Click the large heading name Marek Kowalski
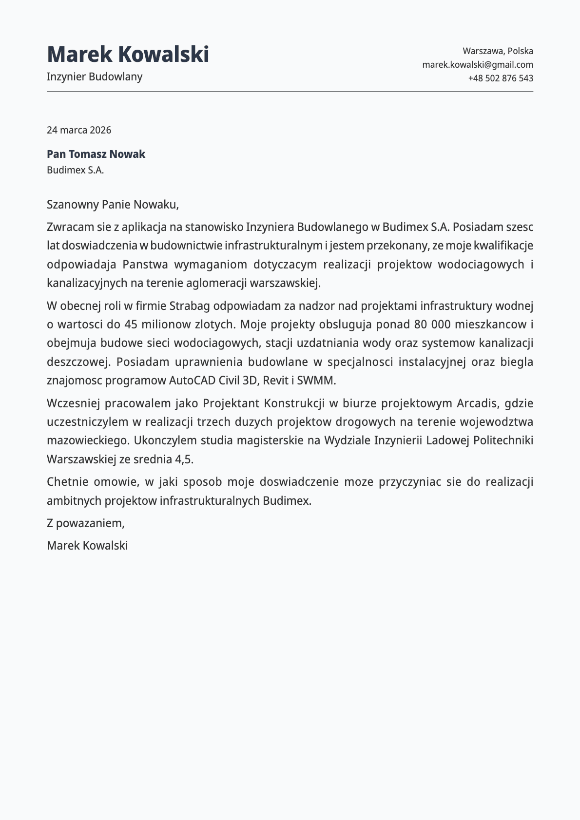coord(128,54)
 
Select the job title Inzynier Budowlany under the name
coord(95,76)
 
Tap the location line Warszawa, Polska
coord(498,51)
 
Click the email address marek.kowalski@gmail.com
coord(477,65)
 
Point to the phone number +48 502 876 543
coord(501,78)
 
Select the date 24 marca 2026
coord(79,130)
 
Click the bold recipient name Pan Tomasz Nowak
coord(96,154)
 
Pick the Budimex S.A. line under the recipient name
coord(76,171)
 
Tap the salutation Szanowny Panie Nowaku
coord(113,205)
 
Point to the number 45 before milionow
coord(131,324)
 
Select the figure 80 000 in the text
coord(428,324)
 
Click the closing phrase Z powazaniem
coord(86,523)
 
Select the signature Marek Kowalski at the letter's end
coord(87,546)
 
